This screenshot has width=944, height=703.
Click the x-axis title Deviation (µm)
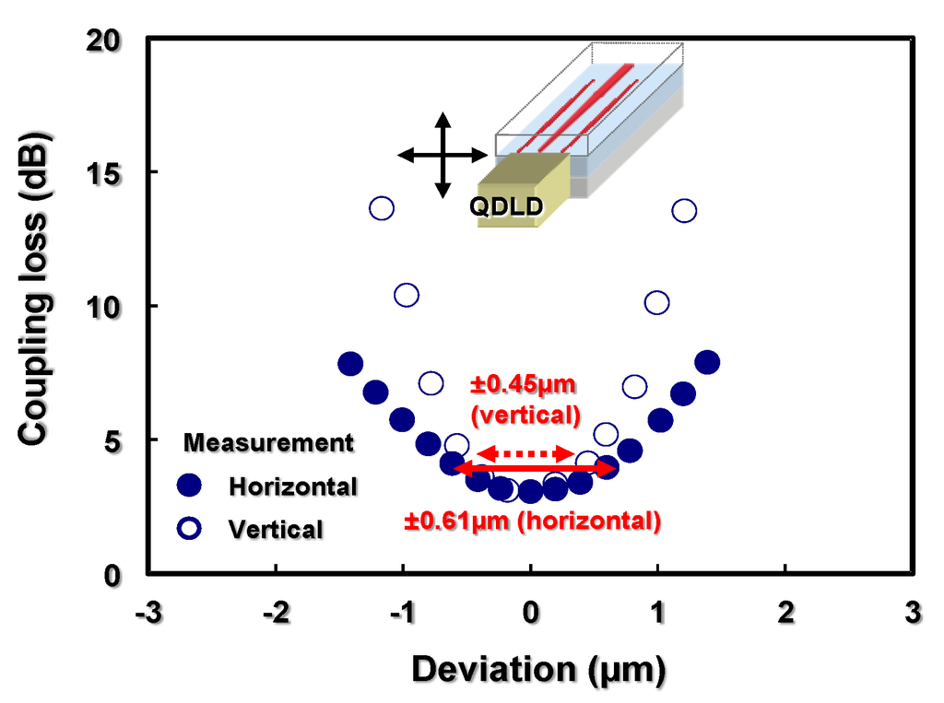[x=537, y=670]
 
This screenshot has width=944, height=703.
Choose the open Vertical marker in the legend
[x=189, y=528]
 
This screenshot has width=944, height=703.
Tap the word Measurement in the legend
[x=268, y=443]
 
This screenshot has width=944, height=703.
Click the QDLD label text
[x=505, y=206]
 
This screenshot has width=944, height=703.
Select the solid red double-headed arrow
[x=535, y=469]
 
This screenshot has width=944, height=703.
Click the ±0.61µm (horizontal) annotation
[x=533, y=521]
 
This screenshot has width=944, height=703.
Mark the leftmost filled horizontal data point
[x=350, y=363]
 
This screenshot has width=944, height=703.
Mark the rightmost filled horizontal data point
[x=707, y=361]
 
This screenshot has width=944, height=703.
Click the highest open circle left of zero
[x=382, y=208]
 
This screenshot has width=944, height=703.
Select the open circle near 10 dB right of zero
[x=657, y=302]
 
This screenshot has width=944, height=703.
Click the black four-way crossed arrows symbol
[x=442, y=155]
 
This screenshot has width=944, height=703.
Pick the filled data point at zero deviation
[x=530, y=492]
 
